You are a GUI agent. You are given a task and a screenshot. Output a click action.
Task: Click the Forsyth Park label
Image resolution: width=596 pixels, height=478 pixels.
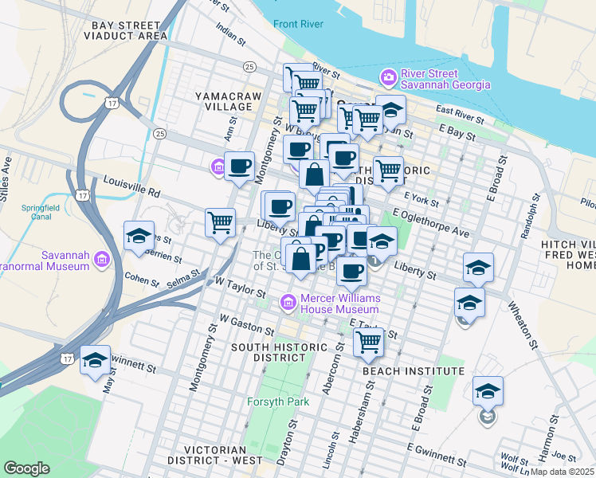(276, 402)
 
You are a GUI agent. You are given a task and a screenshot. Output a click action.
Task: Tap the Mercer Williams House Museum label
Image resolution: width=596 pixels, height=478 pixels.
(339, 304)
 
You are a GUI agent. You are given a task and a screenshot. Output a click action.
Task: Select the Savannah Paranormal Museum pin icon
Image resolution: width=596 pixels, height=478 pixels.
(101, 259)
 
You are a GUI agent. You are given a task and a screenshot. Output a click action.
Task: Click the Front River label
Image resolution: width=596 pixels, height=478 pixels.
(297, 24)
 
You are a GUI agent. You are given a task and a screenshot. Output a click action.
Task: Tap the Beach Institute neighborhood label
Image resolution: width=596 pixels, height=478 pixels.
(413, 371)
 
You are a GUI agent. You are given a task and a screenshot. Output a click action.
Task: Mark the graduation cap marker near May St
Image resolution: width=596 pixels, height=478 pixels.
(95, 360)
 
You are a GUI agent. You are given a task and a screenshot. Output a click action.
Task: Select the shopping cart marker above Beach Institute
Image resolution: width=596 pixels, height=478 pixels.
(368, 341)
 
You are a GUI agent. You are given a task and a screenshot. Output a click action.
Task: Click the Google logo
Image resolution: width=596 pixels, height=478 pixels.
(26, 468)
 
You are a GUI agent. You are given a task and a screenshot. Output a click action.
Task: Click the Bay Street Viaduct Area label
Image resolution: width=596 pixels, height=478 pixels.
(129, 30)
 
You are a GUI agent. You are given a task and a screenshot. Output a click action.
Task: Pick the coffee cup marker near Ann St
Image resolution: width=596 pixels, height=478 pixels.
(240, 167)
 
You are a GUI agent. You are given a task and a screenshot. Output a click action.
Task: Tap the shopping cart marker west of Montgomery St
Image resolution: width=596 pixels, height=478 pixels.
(220, 223)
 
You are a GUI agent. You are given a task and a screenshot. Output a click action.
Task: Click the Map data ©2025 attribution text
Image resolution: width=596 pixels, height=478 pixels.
(562, 471)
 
